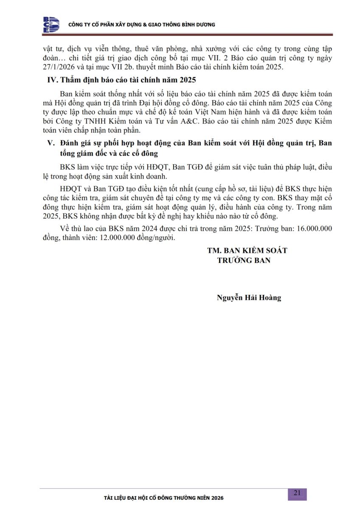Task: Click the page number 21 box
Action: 297,493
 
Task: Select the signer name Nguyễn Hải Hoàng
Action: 249,298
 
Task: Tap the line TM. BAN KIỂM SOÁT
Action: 247,251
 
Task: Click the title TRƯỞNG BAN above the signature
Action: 244,260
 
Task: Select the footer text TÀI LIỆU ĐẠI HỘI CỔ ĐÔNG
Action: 144,498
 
